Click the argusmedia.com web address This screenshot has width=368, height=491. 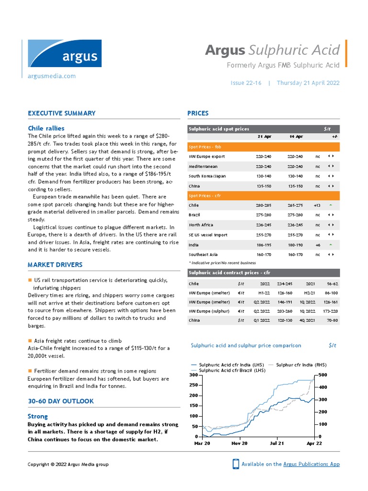point(52,76)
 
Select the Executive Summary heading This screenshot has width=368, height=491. point(61,114)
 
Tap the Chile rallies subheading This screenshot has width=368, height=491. point(46,129)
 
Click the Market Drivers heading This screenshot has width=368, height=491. point(55,265)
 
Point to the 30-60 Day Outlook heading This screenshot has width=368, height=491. point(61,401)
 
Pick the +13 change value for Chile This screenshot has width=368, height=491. point(317,205)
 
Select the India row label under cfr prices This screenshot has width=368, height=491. point(194,245)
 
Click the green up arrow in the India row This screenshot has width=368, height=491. point(331,245)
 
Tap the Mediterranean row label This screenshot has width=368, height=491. point(203,166)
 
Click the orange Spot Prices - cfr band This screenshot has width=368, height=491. point(264,196)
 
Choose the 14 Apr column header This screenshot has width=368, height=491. point(295,137)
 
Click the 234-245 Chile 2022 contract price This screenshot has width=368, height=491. point(285,284)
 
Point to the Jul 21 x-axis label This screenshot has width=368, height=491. point(277,444)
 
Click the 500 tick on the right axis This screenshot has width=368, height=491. point(323,374)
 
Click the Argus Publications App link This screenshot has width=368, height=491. point(311,464)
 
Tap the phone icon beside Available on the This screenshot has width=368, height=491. point(236,464)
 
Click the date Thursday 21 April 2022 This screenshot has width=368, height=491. point(308,83)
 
